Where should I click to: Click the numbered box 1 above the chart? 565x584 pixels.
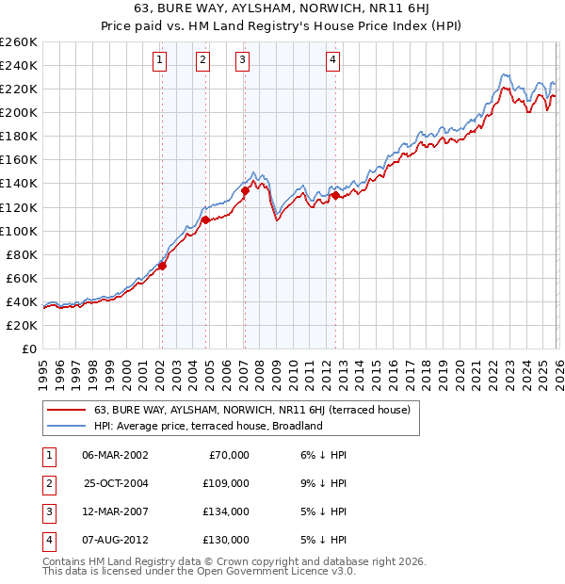pyautogui.click(x=160, y=61)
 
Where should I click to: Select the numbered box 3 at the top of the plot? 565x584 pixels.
pyautogui.click(x=243, y=61)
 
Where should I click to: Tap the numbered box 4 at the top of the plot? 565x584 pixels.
pyautogui.click(x=333, y=61)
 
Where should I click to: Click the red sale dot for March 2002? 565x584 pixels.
pyautogui.click(x=162, y=266)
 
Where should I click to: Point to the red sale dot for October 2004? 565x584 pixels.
pyautogui.click(x=205, y=220)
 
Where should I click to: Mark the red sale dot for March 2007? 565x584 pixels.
pyautogui.click(x=245, y=190)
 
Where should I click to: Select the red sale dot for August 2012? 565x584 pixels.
pyautogui.click(x=335, y=196)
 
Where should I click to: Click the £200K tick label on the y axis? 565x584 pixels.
pyautogui.click(x=19, y=112)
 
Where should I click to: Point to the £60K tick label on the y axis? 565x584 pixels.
pyautogui.click(x=22, y=278)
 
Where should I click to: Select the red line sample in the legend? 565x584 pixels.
pyautogui.click(x=66, y=411)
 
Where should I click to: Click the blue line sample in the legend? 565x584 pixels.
pyautogui.click(x=66, y=426)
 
